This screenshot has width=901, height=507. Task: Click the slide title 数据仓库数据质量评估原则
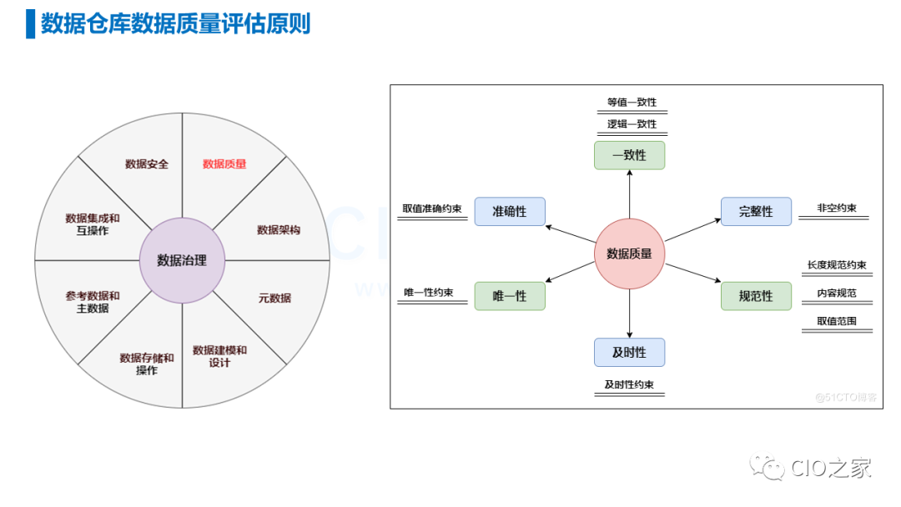(175, 23)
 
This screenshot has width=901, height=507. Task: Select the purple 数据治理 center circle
(182, 260)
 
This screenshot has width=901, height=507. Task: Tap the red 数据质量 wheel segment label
(224, 164)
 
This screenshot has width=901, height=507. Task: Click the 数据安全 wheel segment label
(147, 164)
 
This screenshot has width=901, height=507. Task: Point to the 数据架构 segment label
(279, 230)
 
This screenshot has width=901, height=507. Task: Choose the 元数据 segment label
(274, 298)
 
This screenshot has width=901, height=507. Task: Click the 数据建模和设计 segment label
(219, 356)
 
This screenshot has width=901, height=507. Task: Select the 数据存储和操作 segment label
(147, 364)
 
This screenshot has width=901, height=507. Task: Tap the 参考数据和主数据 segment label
(93, 302)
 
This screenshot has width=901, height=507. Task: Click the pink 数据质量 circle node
(629, 254)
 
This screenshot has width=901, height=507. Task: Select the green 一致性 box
(629, 155)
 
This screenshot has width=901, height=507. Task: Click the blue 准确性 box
(509, 212)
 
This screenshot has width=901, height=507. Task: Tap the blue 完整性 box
(756, 212)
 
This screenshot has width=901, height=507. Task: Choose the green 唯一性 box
(509, 296)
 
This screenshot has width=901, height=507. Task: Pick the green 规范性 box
(756, 296)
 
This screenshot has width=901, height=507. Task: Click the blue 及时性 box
(629, 352)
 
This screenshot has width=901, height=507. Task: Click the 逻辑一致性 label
(632, 124)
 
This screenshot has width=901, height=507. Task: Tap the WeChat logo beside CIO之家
(767, 467)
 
